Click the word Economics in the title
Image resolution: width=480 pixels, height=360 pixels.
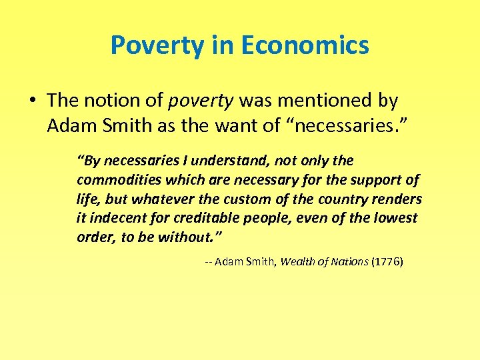[305, 45]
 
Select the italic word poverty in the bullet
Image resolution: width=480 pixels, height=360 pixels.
[201, 101]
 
